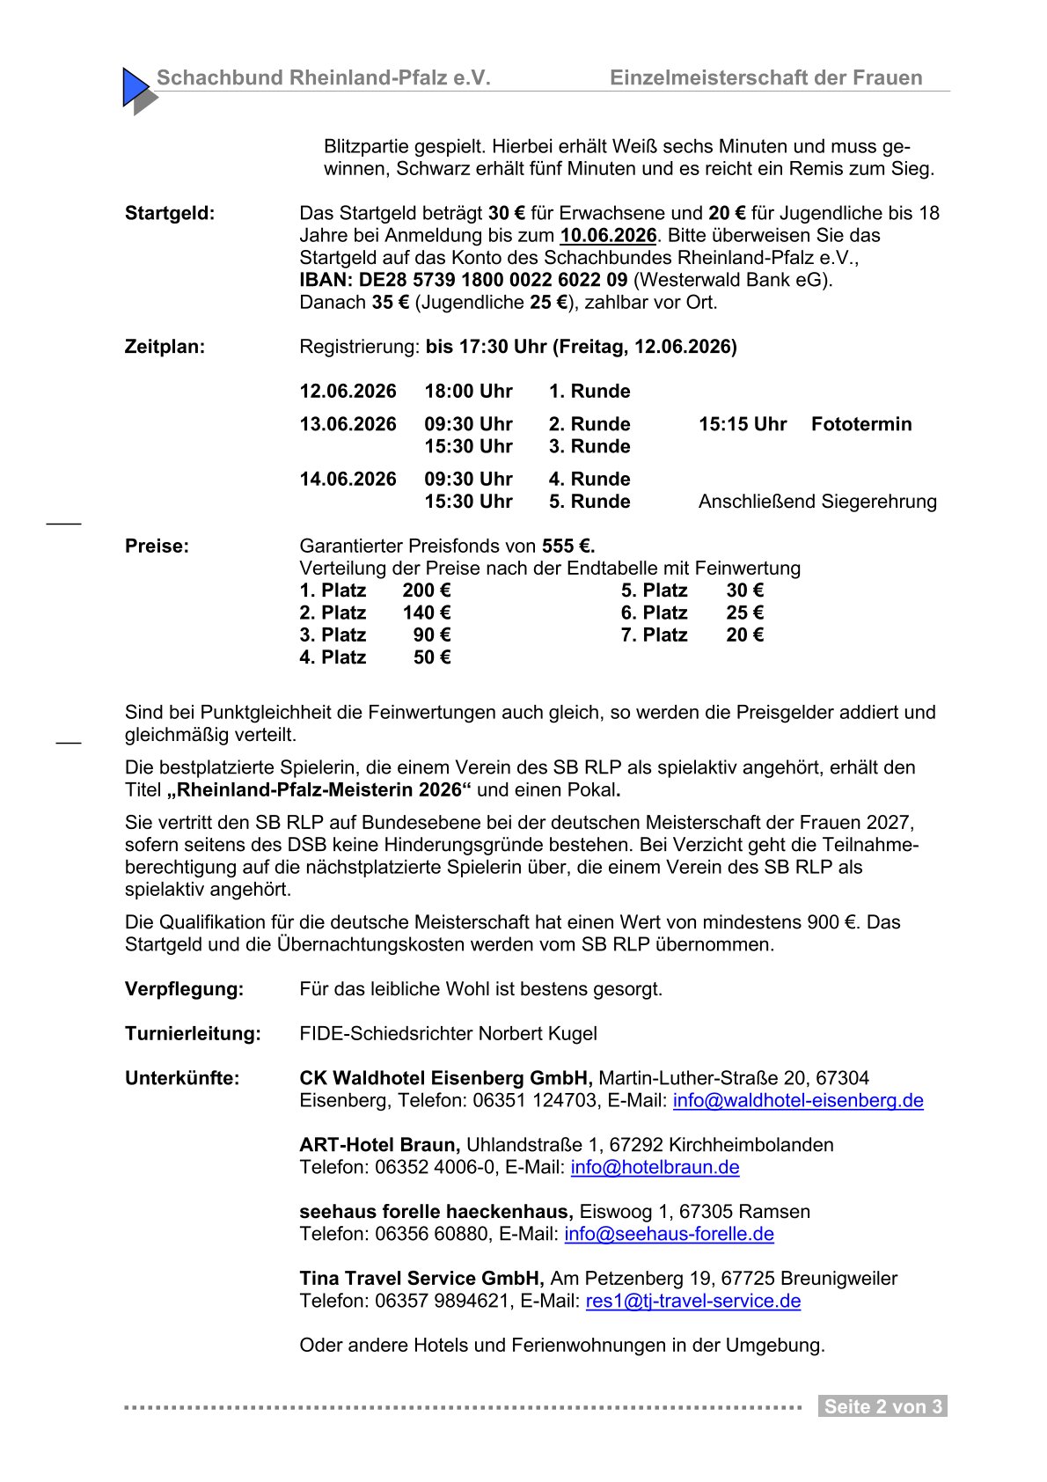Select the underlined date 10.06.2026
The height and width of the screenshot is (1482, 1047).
point(608,236)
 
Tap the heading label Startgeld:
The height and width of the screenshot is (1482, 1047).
point(170,213)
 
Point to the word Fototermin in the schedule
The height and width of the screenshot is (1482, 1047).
point(860,424)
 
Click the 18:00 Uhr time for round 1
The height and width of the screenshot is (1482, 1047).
point(468,391)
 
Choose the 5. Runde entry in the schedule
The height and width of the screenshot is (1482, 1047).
point(589,502)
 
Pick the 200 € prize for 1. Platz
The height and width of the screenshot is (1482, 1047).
point(427,591)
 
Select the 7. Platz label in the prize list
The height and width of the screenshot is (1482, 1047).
point(654,635)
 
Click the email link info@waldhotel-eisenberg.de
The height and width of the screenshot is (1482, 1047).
point(798,1101)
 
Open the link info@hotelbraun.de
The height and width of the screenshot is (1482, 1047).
point(655,1168)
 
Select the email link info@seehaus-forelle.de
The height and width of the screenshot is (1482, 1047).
point(669,1235)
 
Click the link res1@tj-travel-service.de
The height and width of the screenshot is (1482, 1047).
point(693,1302)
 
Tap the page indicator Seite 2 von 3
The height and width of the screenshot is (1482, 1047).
point(882,1406)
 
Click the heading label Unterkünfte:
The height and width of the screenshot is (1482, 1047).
point(182,1078)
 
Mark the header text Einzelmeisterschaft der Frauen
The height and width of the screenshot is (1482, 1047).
point(765,78)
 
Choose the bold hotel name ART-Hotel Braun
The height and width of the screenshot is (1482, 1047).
point(379,1145)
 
